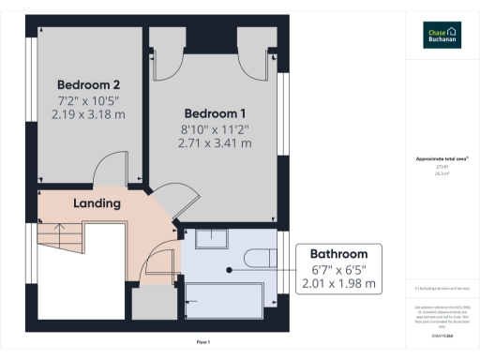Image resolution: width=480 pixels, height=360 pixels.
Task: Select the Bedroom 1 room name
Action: coord(215,109)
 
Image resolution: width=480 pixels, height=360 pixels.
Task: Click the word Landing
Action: coord(97,203)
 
